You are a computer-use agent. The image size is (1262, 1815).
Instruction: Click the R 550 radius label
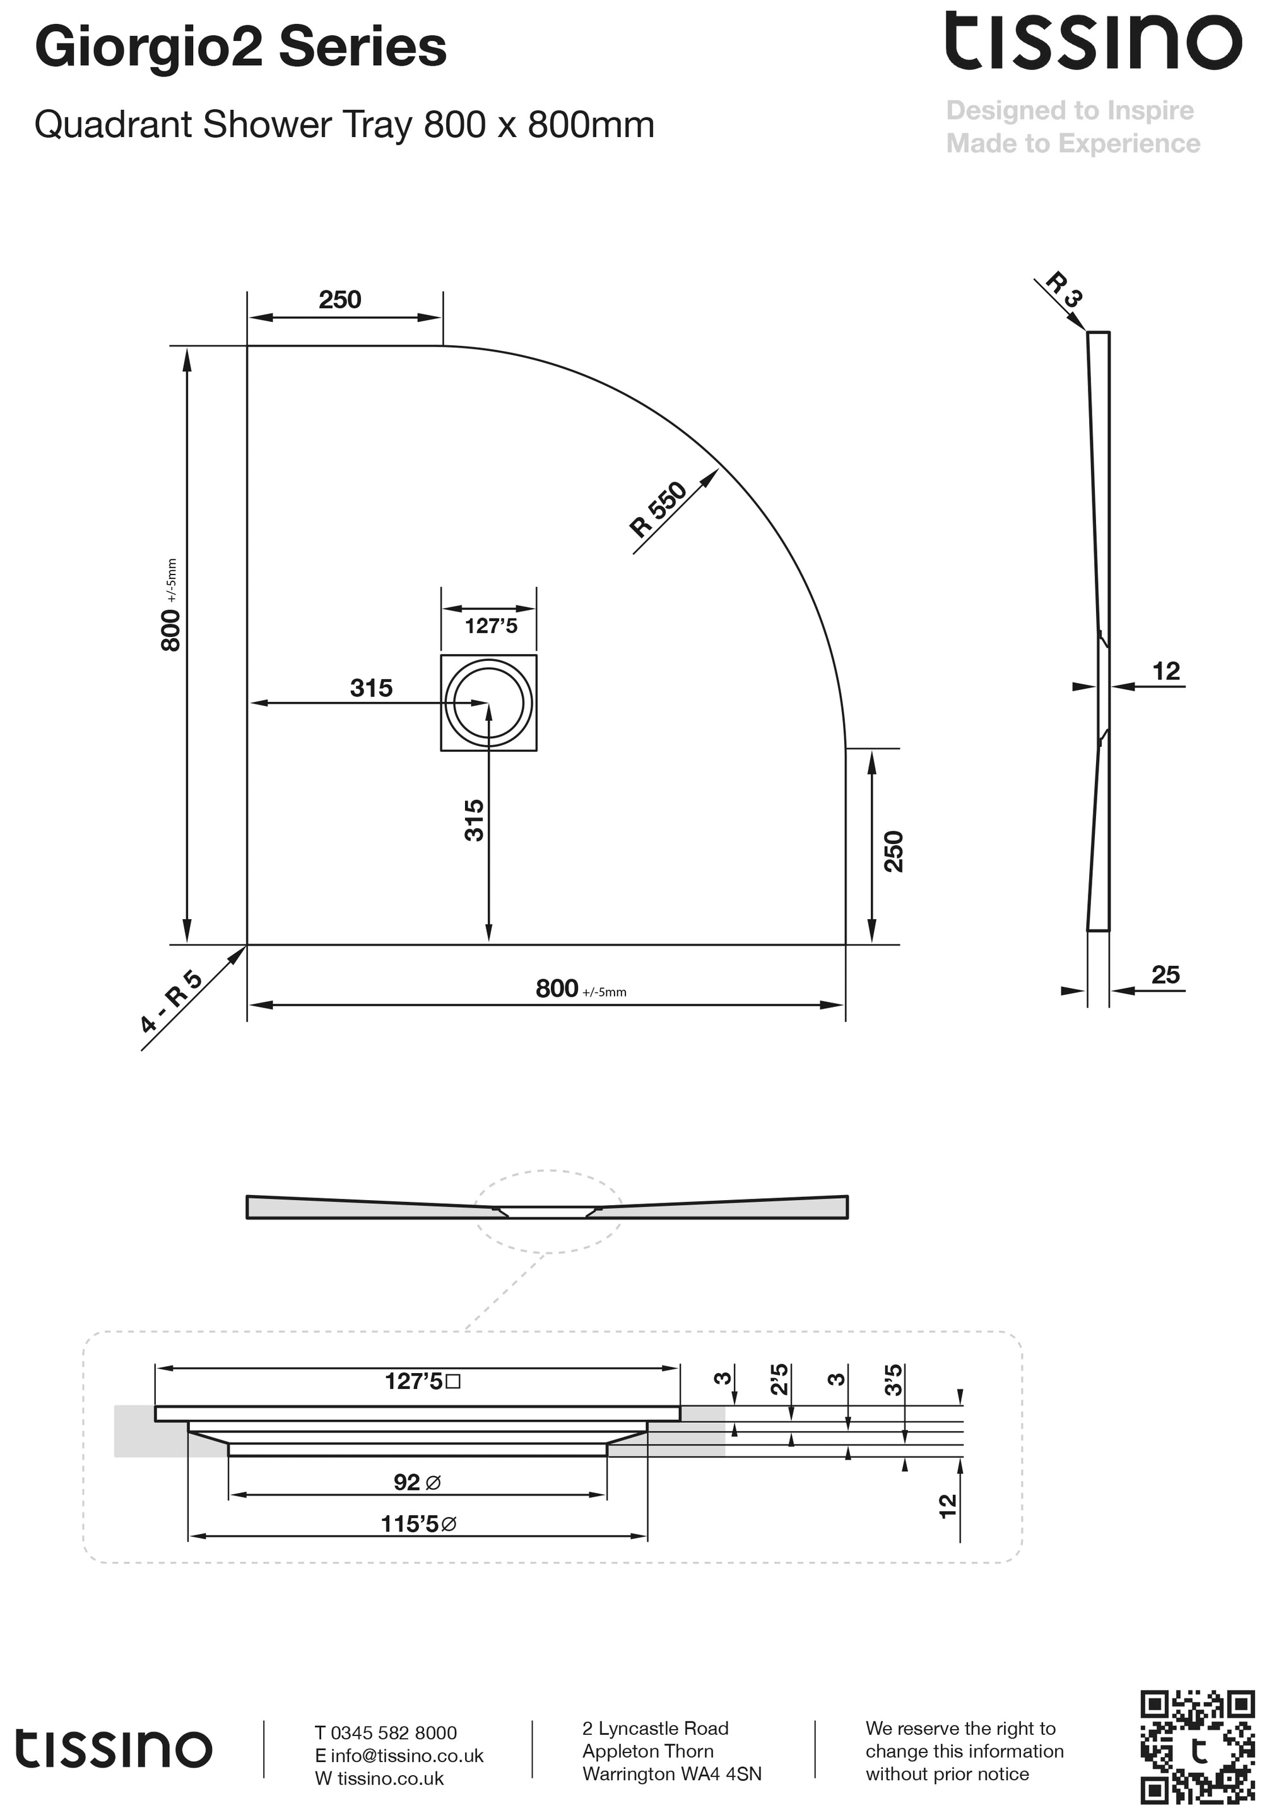658,510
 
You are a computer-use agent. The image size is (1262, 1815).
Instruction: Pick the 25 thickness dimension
1165,975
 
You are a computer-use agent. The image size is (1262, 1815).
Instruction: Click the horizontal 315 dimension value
370,687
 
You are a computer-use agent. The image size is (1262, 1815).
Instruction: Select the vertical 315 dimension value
473,821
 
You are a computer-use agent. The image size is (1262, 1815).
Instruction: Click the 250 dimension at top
340,300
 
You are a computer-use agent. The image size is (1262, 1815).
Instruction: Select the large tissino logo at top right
1093,40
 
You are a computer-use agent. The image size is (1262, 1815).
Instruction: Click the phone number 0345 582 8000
392,1733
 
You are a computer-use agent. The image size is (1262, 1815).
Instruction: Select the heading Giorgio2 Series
240,47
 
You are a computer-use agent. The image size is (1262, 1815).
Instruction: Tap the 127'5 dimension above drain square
490,626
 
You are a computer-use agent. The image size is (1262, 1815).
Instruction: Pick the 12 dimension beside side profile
1165,671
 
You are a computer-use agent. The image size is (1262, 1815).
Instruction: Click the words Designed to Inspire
1069,110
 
